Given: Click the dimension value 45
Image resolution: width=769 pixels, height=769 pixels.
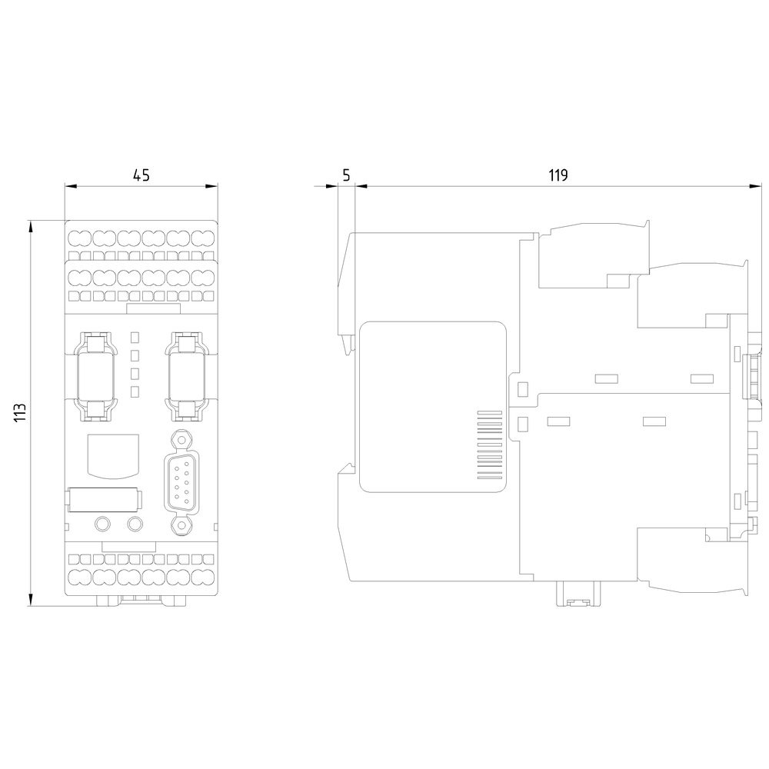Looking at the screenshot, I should pyautogui.click(x=141, y=175).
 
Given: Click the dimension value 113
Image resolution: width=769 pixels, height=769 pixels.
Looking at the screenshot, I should pyautogui.click(x=21, y=413).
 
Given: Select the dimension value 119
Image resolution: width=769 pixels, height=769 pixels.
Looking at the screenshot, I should pyautogui.click(x=558, y=175).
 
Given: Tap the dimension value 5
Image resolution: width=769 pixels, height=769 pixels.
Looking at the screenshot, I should pyautogui.click(x=346, y=175).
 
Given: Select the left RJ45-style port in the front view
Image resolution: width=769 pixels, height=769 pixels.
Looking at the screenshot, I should pyautogui.click(x=96, y=377).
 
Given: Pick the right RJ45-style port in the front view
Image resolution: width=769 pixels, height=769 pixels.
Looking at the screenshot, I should pyautogui.click(x=185, y=377).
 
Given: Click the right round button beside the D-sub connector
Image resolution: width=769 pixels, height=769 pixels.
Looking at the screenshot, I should pyautogui.click(x=135, y=525).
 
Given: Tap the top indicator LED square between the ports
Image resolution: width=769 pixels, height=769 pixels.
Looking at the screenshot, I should pyautogui.click(x=135, y=337).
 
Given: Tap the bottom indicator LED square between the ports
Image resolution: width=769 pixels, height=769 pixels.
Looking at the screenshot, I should pyautogui.click(x=135, y=392).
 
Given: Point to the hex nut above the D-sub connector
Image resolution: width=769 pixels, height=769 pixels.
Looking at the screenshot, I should pyautogui.click(x=179, y=438).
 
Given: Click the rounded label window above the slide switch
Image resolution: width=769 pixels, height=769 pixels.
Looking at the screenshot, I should pyautogui.click(x=112, y=454).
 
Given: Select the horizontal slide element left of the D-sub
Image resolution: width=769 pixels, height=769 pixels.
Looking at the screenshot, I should pyautogui.click(x=102, y=499).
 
